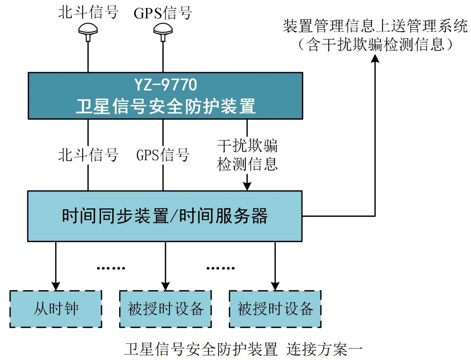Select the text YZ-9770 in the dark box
tap(166, 85)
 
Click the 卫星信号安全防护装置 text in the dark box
tap(166, 106)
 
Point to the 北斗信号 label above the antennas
tap(88, 12)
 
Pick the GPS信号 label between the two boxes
tap(163, 155)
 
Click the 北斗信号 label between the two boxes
tap(88, 155)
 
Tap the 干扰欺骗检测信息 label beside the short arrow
tap(247, 155)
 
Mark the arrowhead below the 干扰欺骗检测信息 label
tap(247, 187)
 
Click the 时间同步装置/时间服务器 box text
tap(164, 216)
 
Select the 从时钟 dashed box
tap(56, 309)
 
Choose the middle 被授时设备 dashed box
tap(166, 309)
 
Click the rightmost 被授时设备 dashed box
tap(275, 309)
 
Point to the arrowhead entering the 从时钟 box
tap(56, 286)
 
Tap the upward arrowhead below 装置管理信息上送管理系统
tap(375, 58)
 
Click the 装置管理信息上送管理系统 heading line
tap(375, 26)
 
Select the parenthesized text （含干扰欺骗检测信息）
tap(375, 44)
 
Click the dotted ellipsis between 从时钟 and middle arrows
tap(111, 268)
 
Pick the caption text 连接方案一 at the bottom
tap(324, 349)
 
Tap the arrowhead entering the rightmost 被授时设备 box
tap(275, 286)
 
